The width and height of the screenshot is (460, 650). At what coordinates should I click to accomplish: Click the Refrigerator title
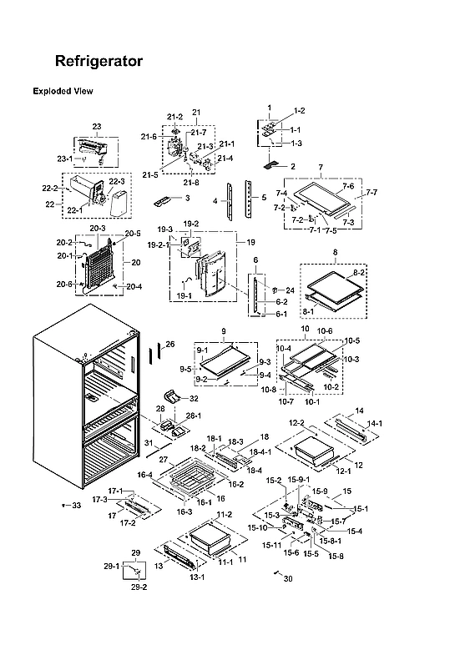click(x=99, y=62)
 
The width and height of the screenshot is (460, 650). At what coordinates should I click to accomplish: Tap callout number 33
click(x=76, y=506)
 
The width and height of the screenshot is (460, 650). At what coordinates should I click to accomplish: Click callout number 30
click(x=289, y=578)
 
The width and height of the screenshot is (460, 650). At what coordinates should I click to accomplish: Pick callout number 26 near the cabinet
click(x=169, y=344)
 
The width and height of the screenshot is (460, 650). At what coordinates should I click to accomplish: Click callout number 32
click(x=194, y=399)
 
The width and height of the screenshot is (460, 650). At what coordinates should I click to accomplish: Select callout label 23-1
click(x=65, y=159)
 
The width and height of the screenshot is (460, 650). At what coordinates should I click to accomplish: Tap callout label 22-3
click(x=116, y=181)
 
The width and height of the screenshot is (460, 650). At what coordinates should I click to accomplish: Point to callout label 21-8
click(x=192, y=182)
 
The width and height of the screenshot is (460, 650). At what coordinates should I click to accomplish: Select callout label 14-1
click(x=375, y=424)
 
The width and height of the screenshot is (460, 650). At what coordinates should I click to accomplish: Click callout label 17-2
click(x=128, y=523)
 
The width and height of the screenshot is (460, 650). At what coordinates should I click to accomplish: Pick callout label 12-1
click(x=343, y=471)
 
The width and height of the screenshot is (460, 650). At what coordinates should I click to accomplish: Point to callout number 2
click(x=292, y=167)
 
